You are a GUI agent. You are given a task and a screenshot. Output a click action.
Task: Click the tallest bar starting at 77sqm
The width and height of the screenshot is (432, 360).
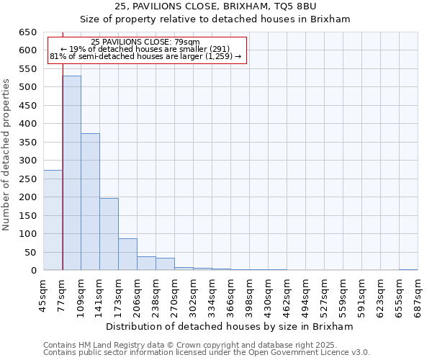click(71, 173)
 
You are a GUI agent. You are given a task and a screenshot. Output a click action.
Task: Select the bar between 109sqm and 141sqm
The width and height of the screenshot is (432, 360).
click(90, 202)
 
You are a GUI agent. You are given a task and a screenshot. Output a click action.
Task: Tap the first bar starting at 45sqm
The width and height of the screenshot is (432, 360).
click(53, 220)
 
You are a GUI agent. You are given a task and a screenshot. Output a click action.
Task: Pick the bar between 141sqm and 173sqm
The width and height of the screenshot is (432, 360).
click(109, 234)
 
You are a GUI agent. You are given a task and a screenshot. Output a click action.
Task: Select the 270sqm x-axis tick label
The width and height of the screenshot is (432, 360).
click(175, 294)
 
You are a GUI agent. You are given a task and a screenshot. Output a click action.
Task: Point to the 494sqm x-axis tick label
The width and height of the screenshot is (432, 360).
click(306, 294)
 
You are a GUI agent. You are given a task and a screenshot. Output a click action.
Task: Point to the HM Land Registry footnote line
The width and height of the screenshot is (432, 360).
click(206, 346)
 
